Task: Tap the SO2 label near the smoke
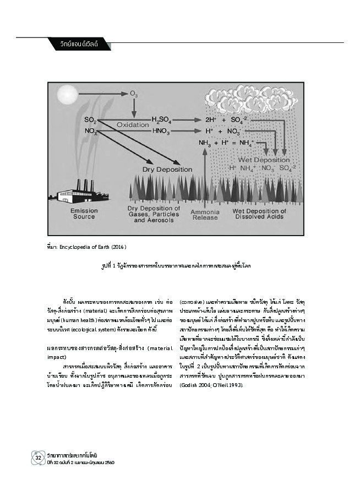tap(90, 119)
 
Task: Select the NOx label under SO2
tap(91, 131)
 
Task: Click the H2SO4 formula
tap(163, 119)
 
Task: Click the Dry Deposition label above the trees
tap(163, 170)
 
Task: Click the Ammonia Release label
tap(204, 213)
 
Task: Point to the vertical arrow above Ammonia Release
tap(205, 176)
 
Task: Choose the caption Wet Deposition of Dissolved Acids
tap(265, 213)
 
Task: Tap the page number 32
tap(38, 457)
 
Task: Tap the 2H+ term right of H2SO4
tap(211, 119)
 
